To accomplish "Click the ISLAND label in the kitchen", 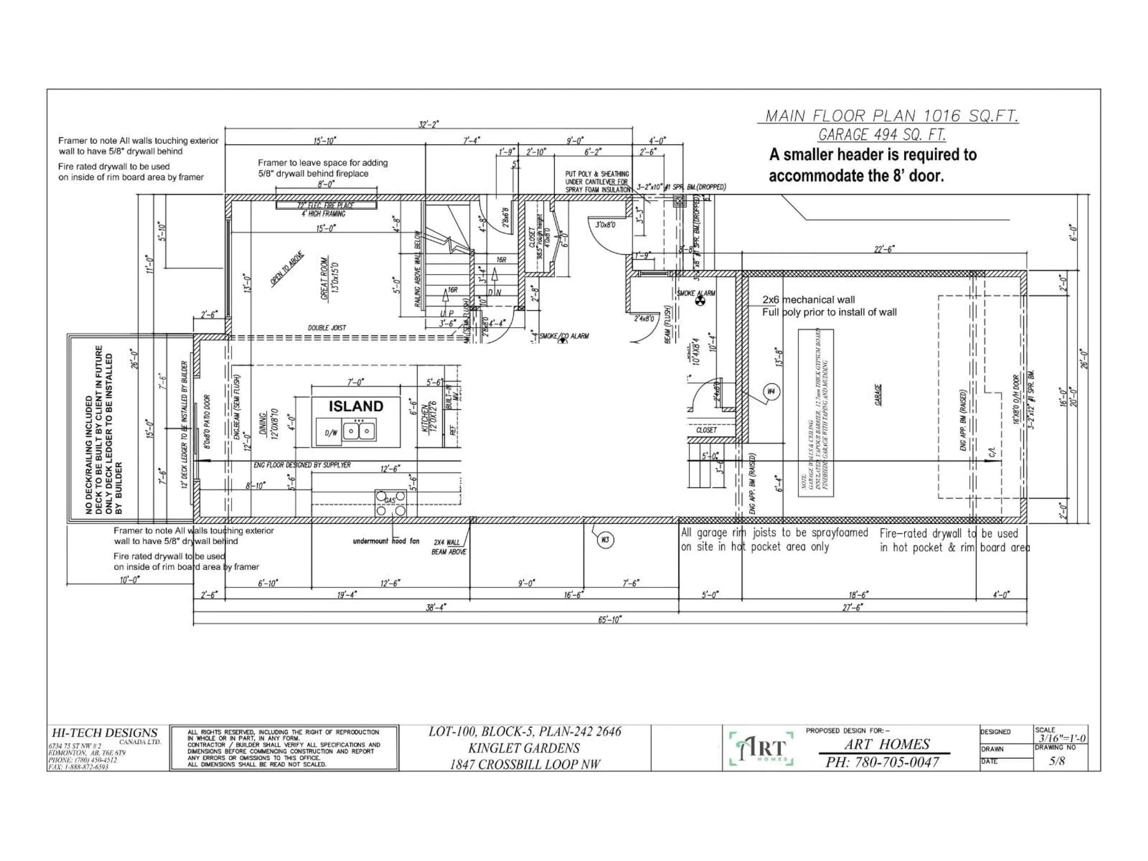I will (x=356, y=406).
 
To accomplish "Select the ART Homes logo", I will (x=761, y=748).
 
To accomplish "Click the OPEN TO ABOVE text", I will (x=287, y=269).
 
